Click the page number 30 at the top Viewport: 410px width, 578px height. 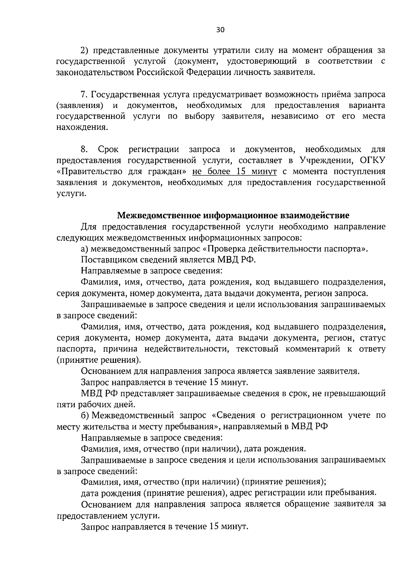click(220, 30)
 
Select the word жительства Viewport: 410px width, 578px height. click(102, 427)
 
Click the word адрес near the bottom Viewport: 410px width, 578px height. click(243, 493)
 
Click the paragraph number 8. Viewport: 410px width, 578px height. click(84, 149)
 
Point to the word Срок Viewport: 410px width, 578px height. click(108, 149)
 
